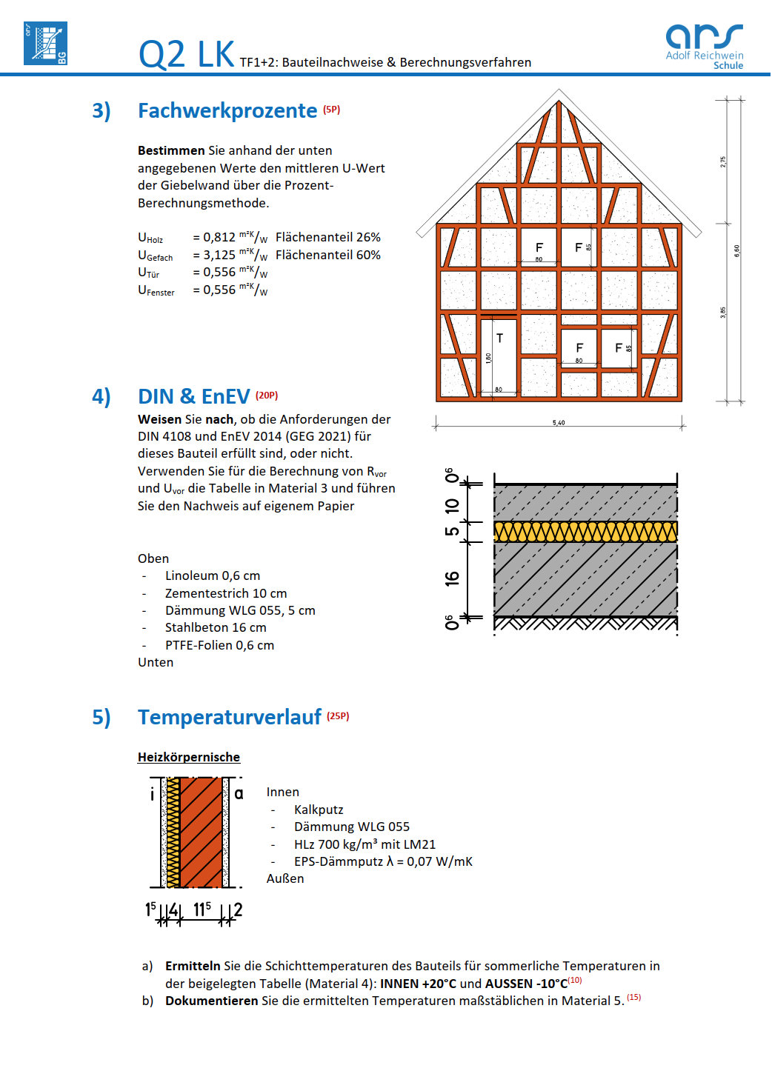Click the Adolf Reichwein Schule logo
click(704, 46)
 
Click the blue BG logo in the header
click(45, 43)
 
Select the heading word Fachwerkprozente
click(227, 110)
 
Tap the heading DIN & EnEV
click(194, 396)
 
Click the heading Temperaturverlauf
click(230, 717)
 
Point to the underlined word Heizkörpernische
click(189, 757)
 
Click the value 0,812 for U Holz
click(219, 237)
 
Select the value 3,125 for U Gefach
click(219, 255)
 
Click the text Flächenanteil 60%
click(328, 255)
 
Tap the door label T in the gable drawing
click(499, 338)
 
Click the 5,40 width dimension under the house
click(559, 423)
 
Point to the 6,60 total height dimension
click(736, 250)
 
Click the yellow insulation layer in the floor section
click(585, 531)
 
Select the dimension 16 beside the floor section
click(452, 578)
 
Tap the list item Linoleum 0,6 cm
click(213, 575)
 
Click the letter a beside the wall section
click(239, 793)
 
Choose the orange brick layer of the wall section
click(202, 831)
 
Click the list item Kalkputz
click(319, 810)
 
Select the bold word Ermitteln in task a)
click(193, 966)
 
